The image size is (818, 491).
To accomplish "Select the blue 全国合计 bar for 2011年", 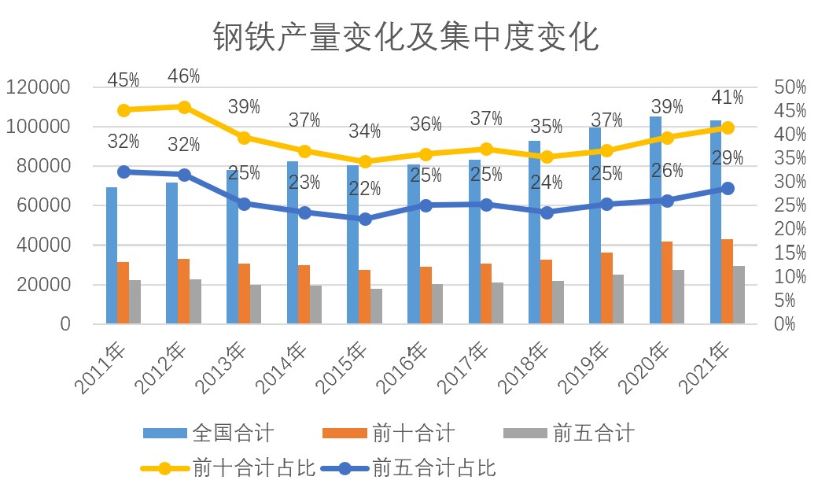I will coord(112,255).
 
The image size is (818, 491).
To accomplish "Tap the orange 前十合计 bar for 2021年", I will coord(728,281).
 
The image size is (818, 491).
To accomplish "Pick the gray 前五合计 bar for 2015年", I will coord(377,305).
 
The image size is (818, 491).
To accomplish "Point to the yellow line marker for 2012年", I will coord(184,107).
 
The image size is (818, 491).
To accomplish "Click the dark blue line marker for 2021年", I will coord(728,188).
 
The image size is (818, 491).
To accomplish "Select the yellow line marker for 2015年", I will coord(365,161).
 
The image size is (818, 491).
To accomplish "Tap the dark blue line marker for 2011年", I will coord(123,172).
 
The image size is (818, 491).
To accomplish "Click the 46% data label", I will coord(184,76).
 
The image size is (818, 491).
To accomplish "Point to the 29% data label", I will coord(728,157).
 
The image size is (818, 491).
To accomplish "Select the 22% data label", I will coord(365,188).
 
